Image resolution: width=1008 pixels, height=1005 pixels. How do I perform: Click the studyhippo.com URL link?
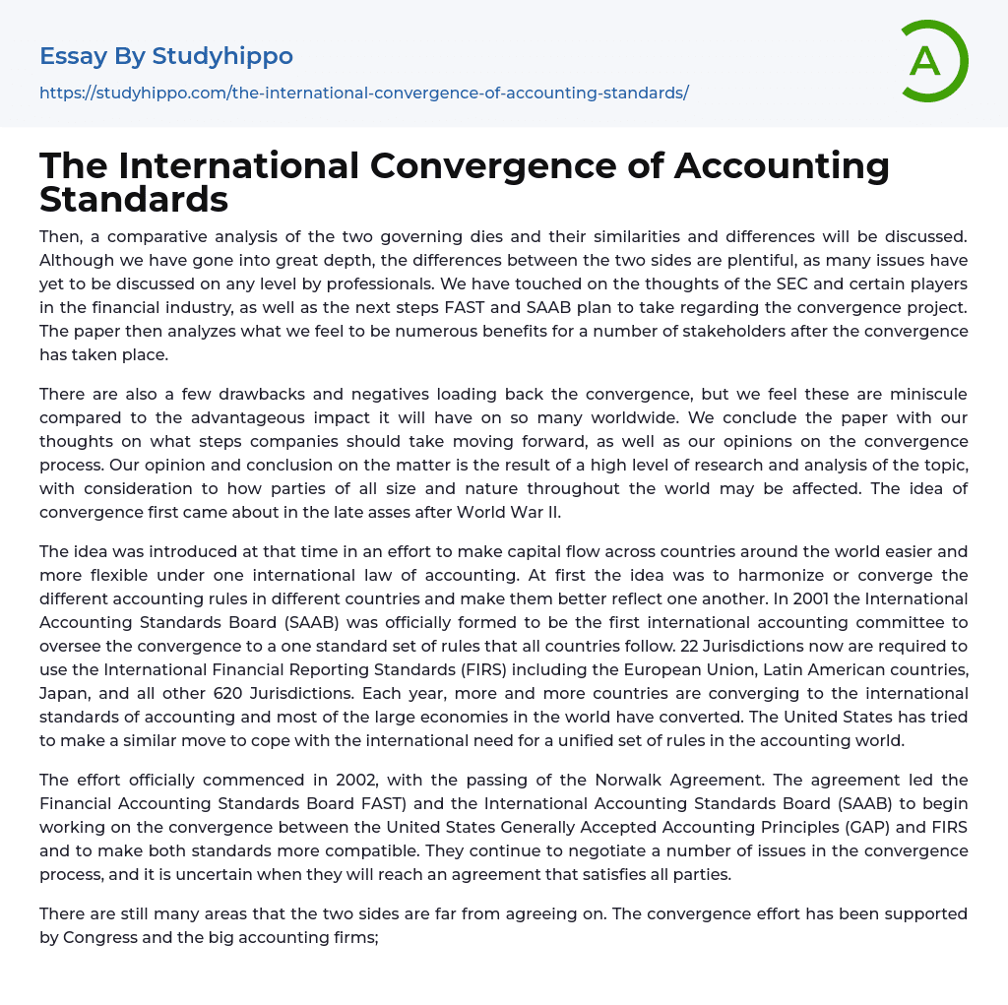point(363,93)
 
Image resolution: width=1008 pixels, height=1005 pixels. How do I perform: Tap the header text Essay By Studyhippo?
point(166,56)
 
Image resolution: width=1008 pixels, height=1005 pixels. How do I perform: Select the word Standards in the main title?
point(134,199)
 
